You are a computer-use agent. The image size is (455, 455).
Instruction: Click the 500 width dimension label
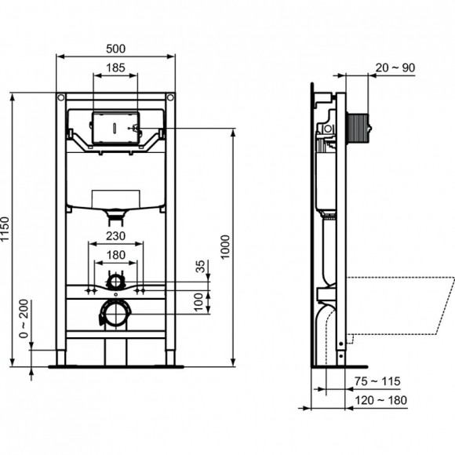point(116,48)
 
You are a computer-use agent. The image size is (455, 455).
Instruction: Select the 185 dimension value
point(115,69)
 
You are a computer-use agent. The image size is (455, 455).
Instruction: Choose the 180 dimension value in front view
point(116,254)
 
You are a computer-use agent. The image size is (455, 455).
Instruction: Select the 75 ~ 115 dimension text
point(377,381)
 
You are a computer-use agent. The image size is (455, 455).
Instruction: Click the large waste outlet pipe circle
point(116,315)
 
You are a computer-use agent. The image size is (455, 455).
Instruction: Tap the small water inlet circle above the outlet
point(116,280)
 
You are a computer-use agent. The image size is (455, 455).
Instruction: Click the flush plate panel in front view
point(115,128)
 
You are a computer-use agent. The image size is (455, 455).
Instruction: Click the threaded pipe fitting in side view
point(358,128)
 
